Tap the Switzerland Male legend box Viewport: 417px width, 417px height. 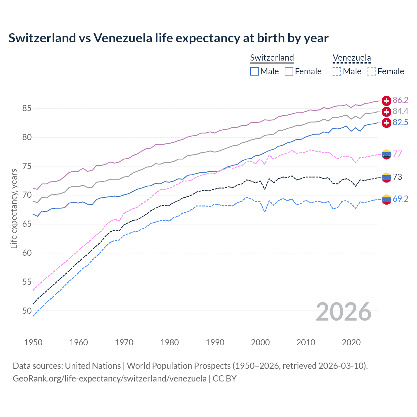click(254, 71)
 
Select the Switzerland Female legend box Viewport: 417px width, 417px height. click(289, 71)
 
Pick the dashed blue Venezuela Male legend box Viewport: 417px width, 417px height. click(337, 71)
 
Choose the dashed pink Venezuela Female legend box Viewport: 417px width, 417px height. click(372, 71)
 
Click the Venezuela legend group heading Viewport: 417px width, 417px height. click(352, 58)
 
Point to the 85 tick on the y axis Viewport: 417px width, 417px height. click(27, 108)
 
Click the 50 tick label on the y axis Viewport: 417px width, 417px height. click(27, 311)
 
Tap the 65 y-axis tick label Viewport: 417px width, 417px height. click(27, 224)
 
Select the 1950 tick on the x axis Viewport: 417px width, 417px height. click(33, 342)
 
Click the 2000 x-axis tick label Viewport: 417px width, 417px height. click(260, 342)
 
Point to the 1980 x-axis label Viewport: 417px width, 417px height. click(169, 342)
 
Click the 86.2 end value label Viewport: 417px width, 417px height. click(400, 100)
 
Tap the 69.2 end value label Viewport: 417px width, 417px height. click(400, 199)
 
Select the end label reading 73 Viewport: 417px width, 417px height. click(397, 177)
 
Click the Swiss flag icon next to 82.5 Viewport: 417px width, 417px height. click(386, 123)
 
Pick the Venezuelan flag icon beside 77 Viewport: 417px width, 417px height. click(386, 154)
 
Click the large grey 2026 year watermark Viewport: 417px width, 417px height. click(344, 312)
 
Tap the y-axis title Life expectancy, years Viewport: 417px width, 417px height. click(14, 208)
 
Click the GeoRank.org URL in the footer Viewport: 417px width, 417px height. click(109, 379)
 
